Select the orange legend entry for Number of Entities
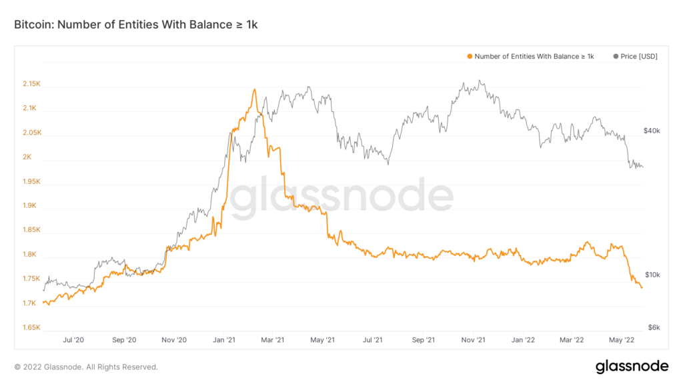(x=531, y=57)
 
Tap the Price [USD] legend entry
(x=635, y=57)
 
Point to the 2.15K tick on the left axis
(x=31, y=84)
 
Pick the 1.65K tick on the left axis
(x=31, y=328)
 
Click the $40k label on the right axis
(x=652, y=131)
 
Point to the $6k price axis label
(x=654, y=328)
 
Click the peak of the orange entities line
(x=254, y=89)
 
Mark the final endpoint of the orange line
(x=642, y=288)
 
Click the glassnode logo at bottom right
(x=631, y=366)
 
